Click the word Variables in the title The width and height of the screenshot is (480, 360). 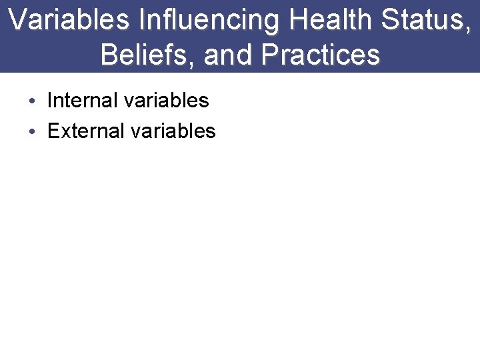[x=69, y=20]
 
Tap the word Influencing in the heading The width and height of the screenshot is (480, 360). [x=209, y=20]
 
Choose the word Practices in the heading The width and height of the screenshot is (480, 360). [x=321, y=55]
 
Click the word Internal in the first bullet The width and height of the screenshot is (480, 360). [x=83, y=101]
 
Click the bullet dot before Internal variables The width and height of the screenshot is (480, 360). [x=33, y=101]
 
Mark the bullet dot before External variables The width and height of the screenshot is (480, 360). [x=33, y=131]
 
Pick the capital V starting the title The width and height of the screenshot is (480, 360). [x=18, y=20]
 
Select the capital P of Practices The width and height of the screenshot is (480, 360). [x=271, y=55]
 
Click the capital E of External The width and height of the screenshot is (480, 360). [x=54, y=131]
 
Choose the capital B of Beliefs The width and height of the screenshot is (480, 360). [x=109, y=55]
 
